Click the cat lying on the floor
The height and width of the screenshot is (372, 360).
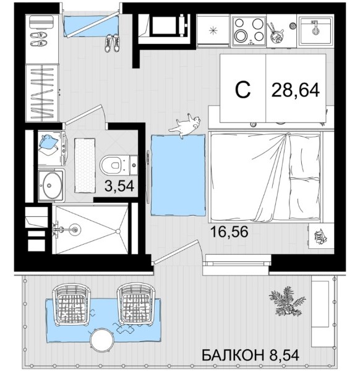click(x=185, y=125)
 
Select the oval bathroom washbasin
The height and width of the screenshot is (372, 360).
click(x=50, y=185)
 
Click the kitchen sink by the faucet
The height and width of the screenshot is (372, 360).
click(x=315, y=31)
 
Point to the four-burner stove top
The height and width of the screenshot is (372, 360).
click(x=249, y=31)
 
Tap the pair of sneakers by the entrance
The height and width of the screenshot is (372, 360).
click(x=112, y=43)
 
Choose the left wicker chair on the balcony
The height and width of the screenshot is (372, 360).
click(x=72, y=305)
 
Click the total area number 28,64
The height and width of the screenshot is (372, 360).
click(x=296, y=90)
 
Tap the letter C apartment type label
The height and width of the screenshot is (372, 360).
click(x=242, y=90)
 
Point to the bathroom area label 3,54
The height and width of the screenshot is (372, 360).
click(x=119, y=186)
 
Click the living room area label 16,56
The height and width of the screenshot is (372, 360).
click(x=229, y=232)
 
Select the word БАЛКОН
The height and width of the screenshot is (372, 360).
click(x=233, y=355)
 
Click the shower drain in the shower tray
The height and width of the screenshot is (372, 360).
click(x=75, y=229)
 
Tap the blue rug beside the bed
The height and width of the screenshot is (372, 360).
click(x=178, y=175)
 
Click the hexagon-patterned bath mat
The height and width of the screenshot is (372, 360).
click(x=85, y=166)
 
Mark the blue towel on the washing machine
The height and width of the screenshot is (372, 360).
click(x=49, y=143)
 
